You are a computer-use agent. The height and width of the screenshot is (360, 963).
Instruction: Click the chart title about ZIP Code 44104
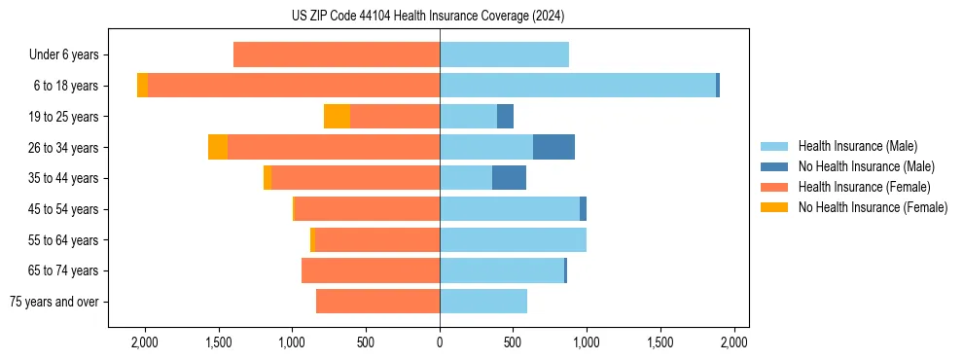(427, 16)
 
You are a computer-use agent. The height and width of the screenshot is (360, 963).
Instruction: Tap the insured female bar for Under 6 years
(337, 54)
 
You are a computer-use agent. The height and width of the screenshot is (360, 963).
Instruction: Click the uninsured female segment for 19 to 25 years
(337, 117)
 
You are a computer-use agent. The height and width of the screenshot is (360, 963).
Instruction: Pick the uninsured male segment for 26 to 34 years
(553, 147)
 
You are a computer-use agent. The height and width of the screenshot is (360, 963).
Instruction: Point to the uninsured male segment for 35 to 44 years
(509, 178)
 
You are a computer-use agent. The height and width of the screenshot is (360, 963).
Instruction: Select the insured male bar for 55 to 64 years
(513, 239)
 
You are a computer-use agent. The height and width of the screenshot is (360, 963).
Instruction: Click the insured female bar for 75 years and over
(377, 302)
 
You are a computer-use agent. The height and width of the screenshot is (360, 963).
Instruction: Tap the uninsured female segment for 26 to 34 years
(218, 147)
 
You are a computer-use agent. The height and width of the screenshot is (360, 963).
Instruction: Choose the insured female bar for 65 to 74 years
(371, 270)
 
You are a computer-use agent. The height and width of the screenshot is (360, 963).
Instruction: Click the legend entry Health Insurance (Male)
(857, 146)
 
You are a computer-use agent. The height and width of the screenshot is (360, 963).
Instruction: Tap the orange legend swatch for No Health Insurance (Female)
(774, 207)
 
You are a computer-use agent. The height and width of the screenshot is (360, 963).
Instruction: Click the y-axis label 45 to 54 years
(63, 209)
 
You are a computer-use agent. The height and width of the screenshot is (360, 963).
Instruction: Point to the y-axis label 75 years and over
(54, 302)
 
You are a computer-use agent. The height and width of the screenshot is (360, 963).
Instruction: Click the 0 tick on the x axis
(440, 342)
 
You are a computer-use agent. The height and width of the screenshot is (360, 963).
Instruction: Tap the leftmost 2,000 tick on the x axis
(145, 342)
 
